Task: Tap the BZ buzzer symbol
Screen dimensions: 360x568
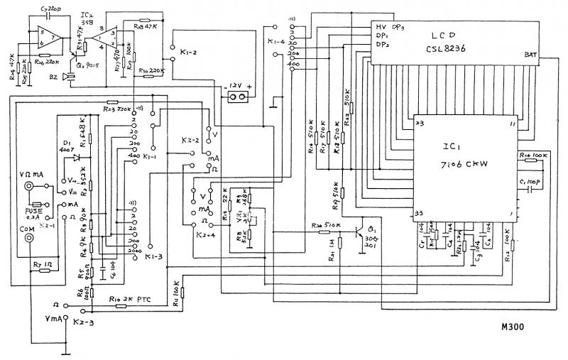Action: (67, 77)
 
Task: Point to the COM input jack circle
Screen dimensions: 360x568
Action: (30, 239)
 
